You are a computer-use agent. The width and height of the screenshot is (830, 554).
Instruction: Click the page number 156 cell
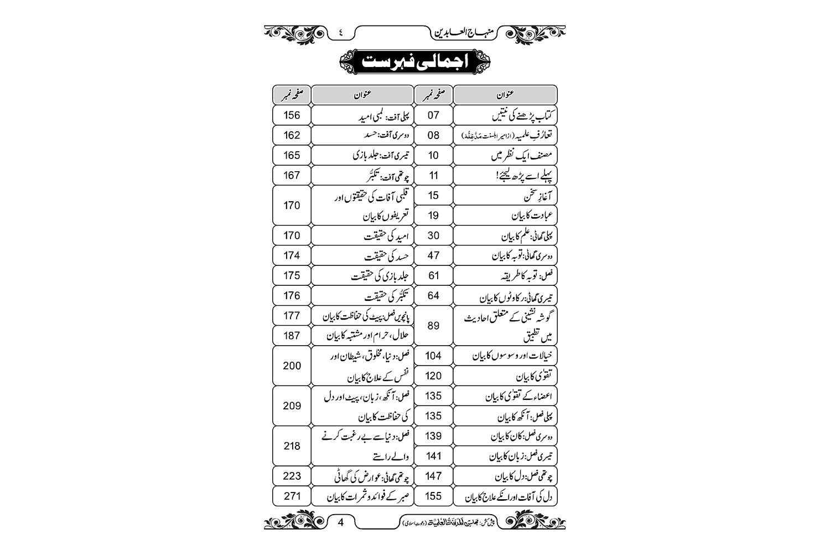point(292,115)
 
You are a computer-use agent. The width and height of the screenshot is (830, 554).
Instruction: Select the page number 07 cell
point(433,115)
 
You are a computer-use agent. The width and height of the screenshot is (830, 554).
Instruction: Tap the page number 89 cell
point(433,326)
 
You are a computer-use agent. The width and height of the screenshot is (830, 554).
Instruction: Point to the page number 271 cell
point(292,496)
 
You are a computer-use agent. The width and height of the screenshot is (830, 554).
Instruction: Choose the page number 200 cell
point(292,366)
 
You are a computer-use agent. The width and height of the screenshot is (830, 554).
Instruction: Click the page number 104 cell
point(433,356)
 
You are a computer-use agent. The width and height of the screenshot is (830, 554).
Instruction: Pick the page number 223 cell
point(292,476)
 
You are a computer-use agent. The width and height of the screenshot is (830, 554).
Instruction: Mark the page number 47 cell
point(433,255)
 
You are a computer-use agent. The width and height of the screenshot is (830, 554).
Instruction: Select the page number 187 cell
point(292,336)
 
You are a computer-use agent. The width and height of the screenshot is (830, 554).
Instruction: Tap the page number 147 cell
point(433,476)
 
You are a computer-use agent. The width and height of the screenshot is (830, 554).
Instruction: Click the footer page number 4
point(341,522)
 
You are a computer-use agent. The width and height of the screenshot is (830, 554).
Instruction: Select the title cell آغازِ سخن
point(505,196)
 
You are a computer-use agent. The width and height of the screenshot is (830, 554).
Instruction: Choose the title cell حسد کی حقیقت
point(362,256)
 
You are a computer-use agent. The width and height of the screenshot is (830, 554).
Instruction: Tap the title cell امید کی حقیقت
point(362,236)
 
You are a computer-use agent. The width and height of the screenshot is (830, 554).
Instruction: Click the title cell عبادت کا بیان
point(505,216)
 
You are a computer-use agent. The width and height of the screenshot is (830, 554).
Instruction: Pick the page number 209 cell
point(292,406)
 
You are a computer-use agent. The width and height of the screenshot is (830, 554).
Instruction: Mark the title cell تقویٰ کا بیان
point(505,376)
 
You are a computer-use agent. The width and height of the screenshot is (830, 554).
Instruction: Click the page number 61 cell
point(433,275)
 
